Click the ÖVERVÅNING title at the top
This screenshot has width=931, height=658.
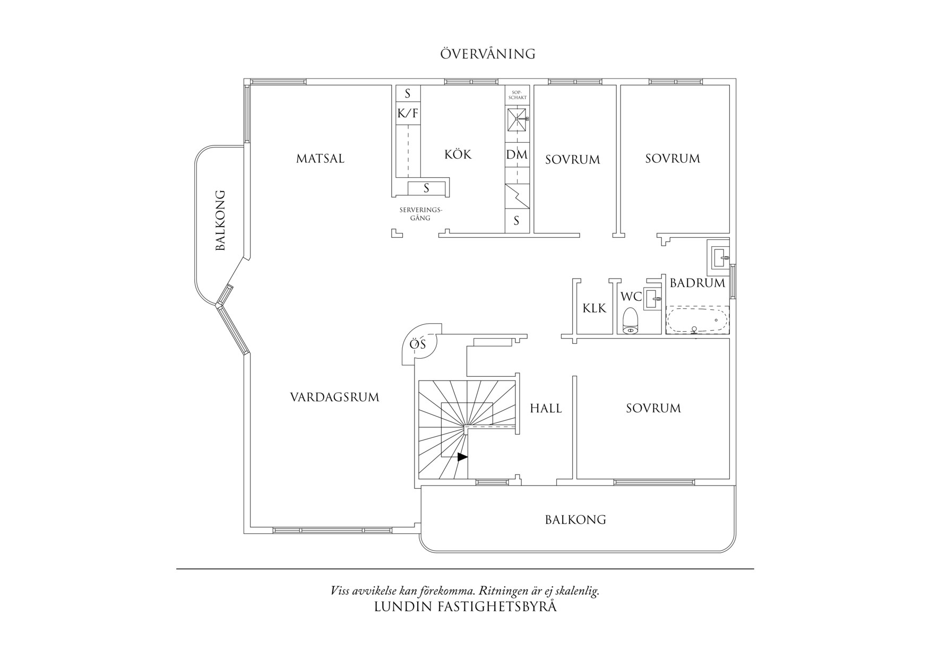point(487,54)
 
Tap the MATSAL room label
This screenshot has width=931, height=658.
point(320,159)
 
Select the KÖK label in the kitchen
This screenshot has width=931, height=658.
point(458,154)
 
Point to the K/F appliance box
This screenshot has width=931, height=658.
point(408,112)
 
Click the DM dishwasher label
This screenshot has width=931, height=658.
point(516,155)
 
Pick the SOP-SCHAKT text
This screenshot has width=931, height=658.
point(517,95)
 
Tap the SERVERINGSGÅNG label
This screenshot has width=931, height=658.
point(420,214)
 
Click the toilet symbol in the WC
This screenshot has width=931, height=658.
point(630,322)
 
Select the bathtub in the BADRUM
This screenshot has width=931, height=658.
point(697,321)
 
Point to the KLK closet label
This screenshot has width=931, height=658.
point(594,308)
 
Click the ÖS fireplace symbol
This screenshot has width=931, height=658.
point(418,345)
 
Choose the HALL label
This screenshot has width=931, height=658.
point(546,408)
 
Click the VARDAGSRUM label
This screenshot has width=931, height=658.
point(334,397)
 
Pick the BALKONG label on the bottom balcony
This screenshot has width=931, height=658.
point(575,520)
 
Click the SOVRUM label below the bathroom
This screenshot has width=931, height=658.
point(653,408)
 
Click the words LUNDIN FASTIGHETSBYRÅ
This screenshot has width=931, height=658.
point(465,607)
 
